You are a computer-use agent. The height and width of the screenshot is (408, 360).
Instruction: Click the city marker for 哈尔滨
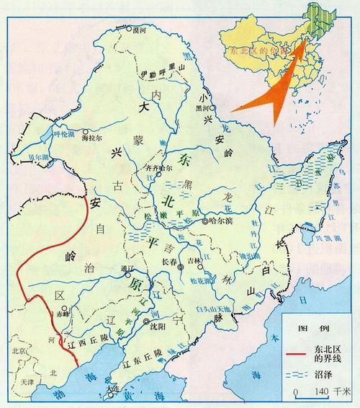[204, 221]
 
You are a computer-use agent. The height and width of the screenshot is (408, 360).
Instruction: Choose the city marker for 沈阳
[146, 322]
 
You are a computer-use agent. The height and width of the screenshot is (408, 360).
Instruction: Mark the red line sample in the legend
[298, 353]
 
